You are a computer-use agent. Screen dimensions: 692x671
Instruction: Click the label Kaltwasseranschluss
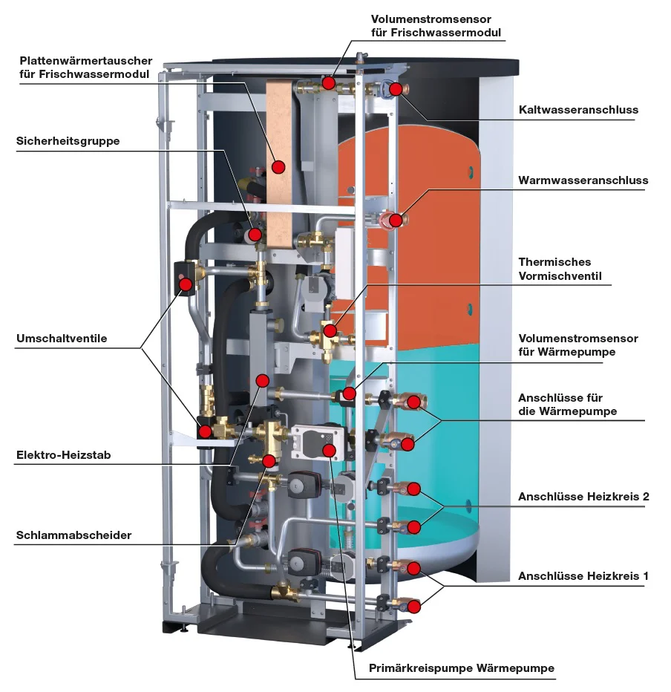(x=578, y=110)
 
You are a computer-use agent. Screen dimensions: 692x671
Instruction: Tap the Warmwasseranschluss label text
(x=583, y=180)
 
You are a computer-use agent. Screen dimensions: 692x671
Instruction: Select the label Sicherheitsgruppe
(x=68, y=141)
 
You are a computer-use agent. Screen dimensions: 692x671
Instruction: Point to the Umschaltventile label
(x=62, y=339)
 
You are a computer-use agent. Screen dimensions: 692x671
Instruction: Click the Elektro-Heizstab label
(x=63, y=455)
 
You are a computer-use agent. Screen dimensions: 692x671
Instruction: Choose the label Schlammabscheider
(x=73, y=535)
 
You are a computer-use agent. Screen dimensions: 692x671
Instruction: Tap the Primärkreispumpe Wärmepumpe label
(x=462, y=668)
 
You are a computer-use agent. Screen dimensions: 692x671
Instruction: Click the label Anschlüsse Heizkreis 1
(x=583, y=575)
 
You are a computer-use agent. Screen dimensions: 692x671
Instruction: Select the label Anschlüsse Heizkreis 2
(x=583, y=497)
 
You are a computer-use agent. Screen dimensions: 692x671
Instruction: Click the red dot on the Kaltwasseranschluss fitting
(x=396, y=89)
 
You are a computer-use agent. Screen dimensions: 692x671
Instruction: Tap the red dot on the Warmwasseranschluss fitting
(x=396, y=220)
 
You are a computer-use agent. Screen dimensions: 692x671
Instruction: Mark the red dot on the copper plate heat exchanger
(x=278, y=166)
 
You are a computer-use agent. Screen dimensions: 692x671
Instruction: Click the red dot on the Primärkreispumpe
(x=330, y=451)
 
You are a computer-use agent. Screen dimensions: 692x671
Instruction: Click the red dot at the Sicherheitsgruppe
(x=255, y=235)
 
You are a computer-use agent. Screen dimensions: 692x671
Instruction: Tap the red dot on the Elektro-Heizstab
(x=261, y=380)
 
